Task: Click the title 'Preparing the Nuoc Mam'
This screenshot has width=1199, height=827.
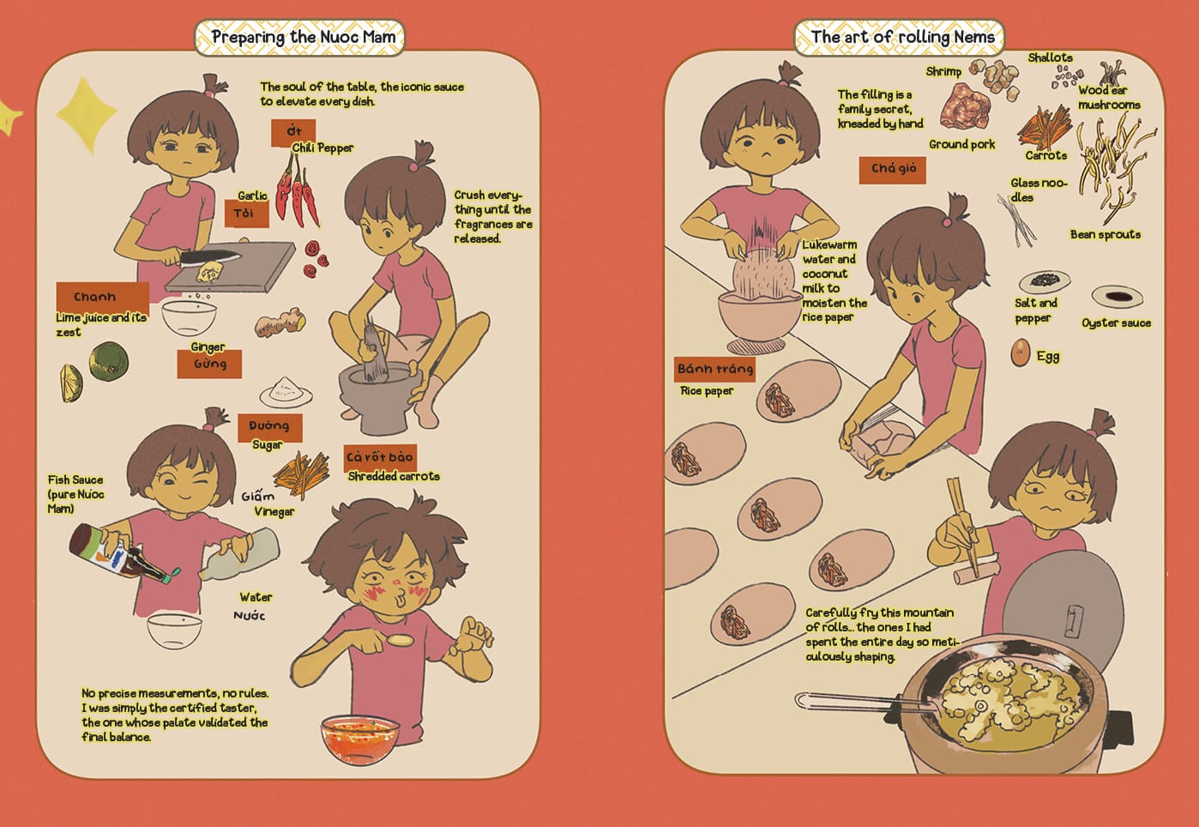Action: (x=304, y=37)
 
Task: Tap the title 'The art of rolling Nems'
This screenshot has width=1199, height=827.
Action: (x=902, y=36)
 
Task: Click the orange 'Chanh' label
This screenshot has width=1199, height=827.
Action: (x=102, y=297)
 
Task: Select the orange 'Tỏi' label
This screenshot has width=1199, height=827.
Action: (x=246, y=214)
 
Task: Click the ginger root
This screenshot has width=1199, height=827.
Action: (x=280, y=321)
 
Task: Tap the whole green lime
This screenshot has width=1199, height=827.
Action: (x=109, y=361)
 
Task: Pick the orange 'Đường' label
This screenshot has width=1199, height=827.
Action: (x=270, y=426)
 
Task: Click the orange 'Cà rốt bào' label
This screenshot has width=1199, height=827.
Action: (x=380, y=457)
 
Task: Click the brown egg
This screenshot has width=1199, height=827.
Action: (x=1021, y=353)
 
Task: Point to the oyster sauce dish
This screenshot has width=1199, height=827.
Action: (x=1118, y=296)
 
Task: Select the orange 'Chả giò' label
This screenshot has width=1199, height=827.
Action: (x=892, y=170)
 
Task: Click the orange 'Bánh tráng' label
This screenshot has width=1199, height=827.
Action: (x=714, y=370)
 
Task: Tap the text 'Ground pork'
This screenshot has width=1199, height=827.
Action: (x=962, y=144)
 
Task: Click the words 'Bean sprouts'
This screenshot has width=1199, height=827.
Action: (x=1106, y=234)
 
